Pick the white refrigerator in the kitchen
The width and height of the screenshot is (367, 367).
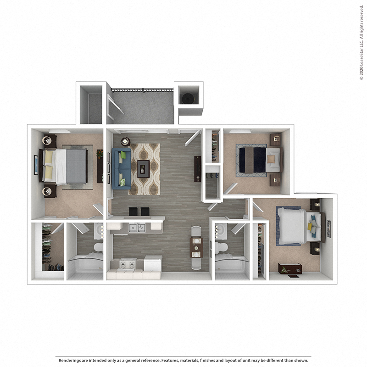tap(152, 263)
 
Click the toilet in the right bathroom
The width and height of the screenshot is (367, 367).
tap(221, 248)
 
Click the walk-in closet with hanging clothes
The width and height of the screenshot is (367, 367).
tap(49, 250)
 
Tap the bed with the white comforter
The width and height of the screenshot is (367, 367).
tap(294, 226)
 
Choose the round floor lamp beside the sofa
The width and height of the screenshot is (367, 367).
tap(124, 141)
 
